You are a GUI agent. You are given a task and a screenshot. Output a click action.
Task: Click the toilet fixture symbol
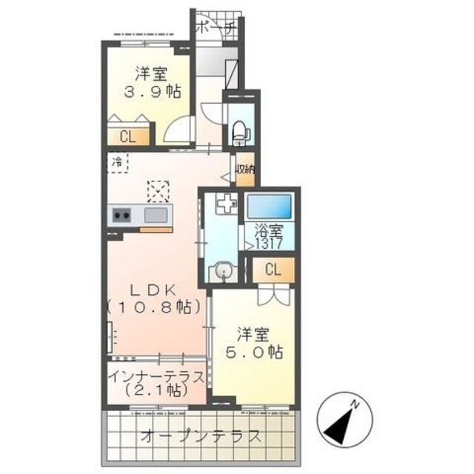click(241, 133)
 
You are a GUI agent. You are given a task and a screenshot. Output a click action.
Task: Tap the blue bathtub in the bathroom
click(269, 206)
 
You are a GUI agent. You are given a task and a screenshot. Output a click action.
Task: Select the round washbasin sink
click(224, 272)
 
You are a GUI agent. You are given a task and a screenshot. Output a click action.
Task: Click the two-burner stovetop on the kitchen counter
click(121, 216)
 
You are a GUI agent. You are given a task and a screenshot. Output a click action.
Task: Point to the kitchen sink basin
click(156, 216)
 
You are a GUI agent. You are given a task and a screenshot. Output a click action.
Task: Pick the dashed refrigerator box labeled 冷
click(118, 162)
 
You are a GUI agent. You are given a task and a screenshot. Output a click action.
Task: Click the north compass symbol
click(344, 420)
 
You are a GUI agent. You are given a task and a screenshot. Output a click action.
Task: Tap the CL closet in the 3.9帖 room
click(128, 136)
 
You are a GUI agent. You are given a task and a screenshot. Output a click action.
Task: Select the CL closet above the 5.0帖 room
click(273, 270)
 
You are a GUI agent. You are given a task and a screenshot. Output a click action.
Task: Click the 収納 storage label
click(245, 169)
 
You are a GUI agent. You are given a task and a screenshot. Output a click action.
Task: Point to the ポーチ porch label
click(216, 28)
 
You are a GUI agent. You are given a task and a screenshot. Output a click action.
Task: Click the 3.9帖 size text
click(153, 91)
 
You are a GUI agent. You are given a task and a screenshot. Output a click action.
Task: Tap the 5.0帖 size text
click(254, 353)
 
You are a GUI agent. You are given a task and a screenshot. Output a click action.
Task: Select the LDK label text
click(153, 290)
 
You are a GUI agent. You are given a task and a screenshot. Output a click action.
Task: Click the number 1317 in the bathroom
click(269, 243)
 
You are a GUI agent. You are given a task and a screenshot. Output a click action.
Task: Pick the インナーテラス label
click(156, 378)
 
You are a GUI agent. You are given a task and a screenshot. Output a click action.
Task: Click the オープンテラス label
click(201, 436)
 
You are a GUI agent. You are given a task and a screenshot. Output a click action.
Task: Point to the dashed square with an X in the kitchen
click(158, 191)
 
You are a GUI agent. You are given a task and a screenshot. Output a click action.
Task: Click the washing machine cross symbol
click(227, 203)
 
